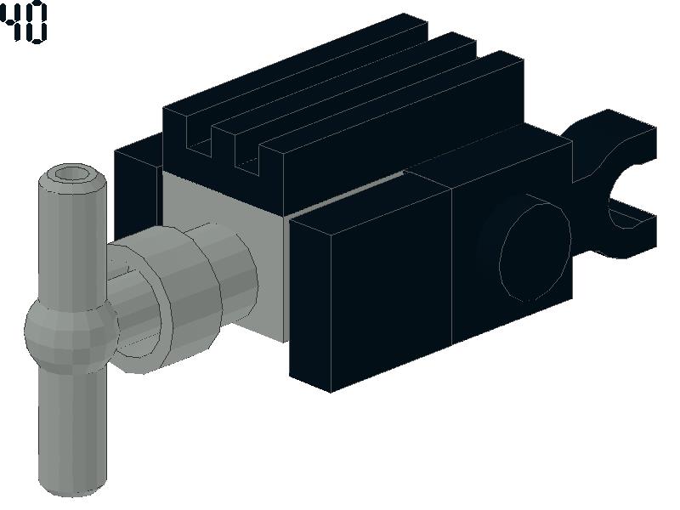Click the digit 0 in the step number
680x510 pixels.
tap(36, 23)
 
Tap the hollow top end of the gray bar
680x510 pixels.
tap(72, 175)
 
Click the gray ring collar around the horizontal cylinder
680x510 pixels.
tap(169, 299)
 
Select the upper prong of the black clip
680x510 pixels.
tap(615, 139)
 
